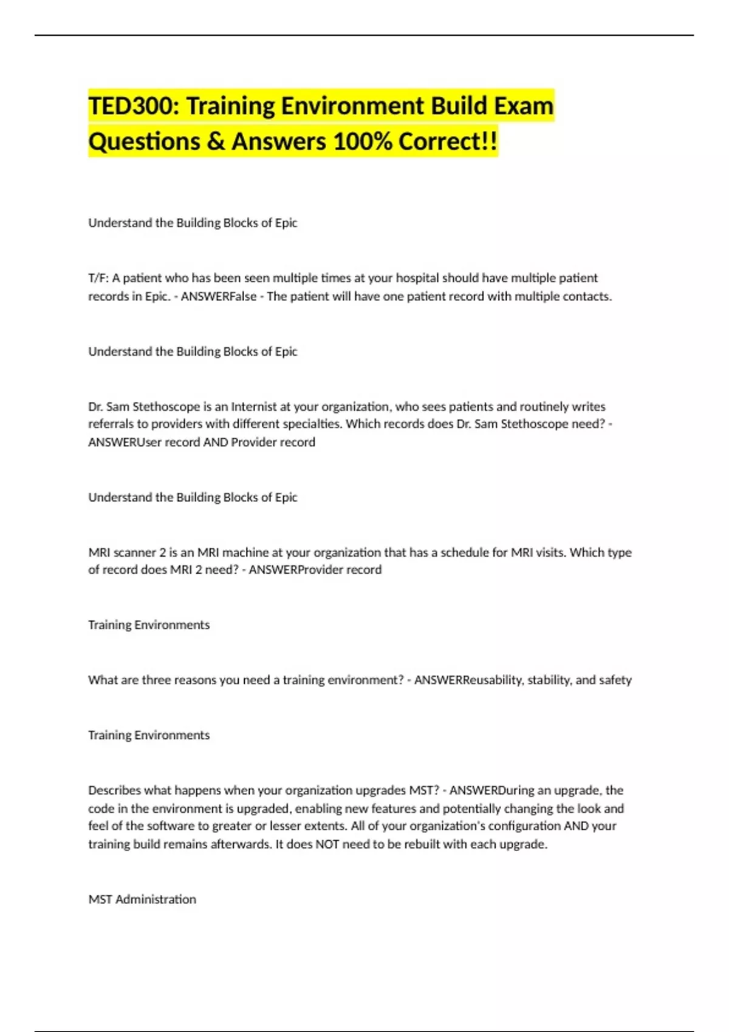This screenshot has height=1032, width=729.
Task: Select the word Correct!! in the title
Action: (x=448, y=142)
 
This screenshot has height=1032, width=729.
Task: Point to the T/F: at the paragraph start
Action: (x=98, y=278)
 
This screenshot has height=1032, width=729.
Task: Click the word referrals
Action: (x=111, y=424)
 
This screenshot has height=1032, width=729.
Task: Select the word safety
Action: (x=615, y=680)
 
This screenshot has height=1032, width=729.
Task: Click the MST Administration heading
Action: (x=142, y=899)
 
